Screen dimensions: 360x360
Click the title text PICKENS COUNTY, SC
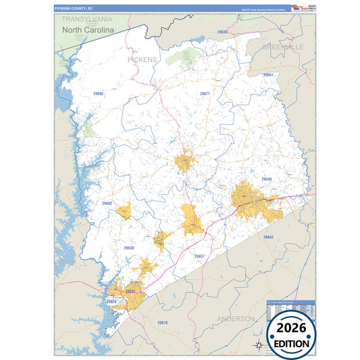coord(73,8)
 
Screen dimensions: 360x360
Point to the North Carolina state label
coord(88,30)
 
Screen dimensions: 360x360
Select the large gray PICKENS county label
coord(142,59)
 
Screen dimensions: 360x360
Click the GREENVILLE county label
coord(284,46)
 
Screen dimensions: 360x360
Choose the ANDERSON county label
coord(236,318)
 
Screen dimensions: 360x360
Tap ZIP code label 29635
coord(222,32)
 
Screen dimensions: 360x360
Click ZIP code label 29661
coord(268,74)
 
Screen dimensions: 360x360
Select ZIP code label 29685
coord(98,94)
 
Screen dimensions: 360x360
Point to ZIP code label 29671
coord(205,93)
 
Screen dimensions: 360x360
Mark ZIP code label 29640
coord(266,179)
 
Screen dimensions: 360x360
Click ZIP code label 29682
coord(107,203)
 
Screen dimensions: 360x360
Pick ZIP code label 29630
coord(129,248)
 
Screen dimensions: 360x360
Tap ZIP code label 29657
coord(199,257)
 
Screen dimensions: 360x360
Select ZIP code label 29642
coord(268,237)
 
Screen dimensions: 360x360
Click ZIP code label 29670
coord(162,323)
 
